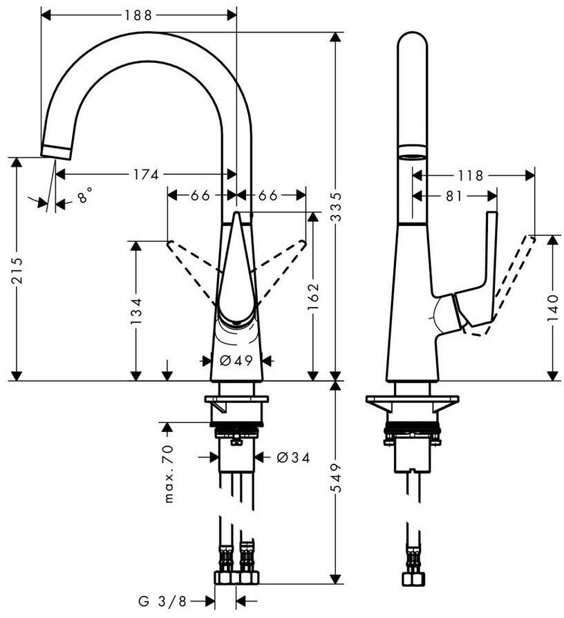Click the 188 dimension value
(x=139, y=14)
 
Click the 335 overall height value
(x=337, y=207)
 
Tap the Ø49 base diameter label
(x=235, y=360)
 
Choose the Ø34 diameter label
(x=292, y=457)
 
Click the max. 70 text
(x=168, y=474)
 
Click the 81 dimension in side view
(x=453, y=196)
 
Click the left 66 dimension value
(x=200, y=196)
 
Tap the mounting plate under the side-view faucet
(x=412, y=402)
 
